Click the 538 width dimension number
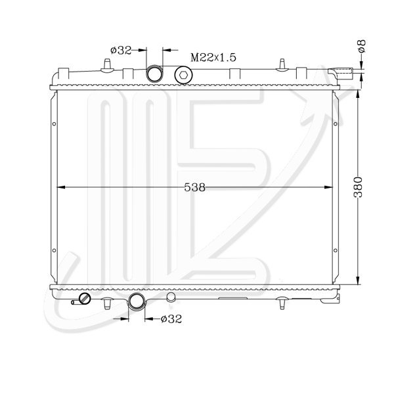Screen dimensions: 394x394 pyautogui.click(x=195, y=187)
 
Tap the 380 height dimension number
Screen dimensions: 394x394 pyautogui.click(x=358, y=187)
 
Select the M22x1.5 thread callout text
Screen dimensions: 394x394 pyautogui.click(x=213, y=58)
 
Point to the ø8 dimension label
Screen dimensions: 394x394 pyautogui.click(x=362, y=46)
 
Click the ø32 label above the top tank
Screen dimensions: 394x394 pyautogui.click(x=121, y=51)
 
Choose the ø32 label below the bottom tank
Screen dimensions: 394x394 pyautogui.click(x=171, y=319)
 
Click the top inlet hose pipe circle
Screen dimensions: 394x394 pyautogui.click(x=154, y=74)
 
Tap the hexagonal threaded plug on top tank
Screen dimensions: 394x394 pyautogui.click(x=183, y=75)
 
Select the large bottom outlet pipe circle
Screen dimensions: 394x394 pyautogui.click(x=137, y=301)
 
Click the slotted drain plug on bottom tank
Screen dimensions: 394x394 pyautogui.click(x=85, y=299)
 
